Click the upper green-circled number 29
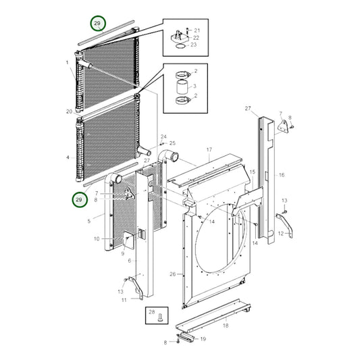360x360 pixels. coord(97,23)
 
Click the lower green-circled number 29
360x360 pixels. coord(79,200)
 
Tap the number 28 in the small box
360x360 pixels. coord(152,312)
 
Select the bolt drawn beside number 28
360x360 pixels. coord(160,318)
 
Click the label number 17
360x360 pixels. coord(209,150)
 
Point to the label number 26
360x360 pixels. coord(173,274)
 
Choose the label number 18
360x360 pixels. coord(226,326)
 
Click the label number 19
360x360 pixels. coord(203,339)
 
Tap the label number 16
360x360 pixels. coord(282,175)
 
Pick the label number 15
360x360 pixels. coord(253,172)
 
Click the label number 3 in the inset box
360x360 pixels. coord(195,86)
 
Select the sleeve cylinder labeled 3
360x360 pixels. coord(182,86)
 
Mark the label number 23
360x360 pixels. coord(194,45)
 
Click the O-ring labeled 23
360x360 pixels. coord(181,46)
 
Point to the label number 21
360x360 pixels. coord(197,30)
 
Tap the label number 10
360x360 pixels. coord(97,239)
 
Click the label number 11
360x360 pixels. coord(124,300)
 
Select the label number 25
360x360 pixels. coord(172,143)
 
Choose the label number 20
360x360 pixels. coord(70,111)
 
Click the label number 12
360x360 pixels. coord(281,234)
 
